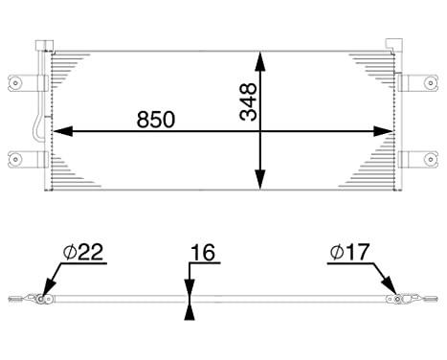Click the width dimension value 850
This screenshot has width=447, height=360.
(157, 120)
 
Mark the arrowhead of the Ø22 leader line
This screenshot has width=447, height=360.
(45, 293)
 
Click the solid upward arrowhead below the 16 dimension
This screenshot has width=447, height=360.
(190, 312)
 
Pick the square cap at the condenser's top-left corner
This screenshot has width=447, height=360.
(39, 45)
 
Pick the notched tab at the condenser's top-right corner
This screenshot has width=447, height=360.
(391, 45)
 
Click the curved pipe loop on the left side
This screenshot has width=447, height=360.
(34, 129)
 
